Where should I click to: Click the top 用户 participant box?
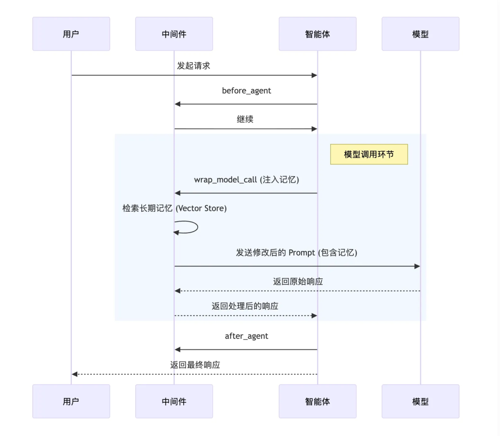coord(71,34)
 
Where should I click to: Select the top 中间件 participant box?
coord(174,34)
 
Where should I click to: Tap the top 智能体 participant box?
coord(318,34)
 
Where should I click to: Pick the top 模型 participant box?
coord(420,34)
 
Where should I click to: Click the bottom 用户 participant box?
coord(71,401)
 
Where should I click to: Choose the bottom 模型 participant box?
coord(420,401)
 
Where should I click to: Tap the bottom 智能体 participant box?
coord(318,401)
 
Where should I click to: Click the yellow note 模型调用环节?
coord(369,154)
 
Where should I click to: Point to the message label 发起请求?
coord(194,66)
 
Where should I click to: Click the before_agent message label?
coord(246,91)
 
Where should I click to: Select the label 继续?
coord(245,119)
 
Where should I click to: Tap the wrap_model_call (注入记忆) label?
coord(246,180)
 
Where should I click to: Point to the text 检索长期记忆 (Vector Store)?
coord(175,209)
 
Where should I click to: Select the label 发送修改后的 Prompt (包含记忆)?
coord(297,253)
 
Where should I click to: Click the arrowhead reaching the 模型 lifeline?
coord(417,266)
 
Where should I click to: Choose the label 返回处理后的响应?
coord(245,306)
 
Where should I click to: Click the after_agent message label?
coord(246,336)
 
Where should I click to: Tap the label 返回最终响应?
coord(195,365)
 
